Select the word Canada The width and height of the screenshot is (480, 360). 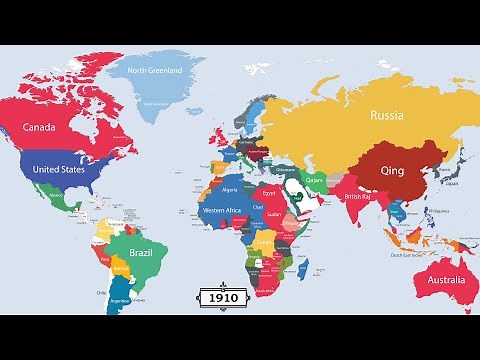tap(47, 127)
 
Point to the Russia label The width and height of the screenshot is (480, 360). tap(386, 114)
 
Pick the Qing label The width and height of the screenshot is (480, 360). tap(392, 170)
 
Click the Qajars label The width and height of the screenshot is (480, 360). tap(315, 180)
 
